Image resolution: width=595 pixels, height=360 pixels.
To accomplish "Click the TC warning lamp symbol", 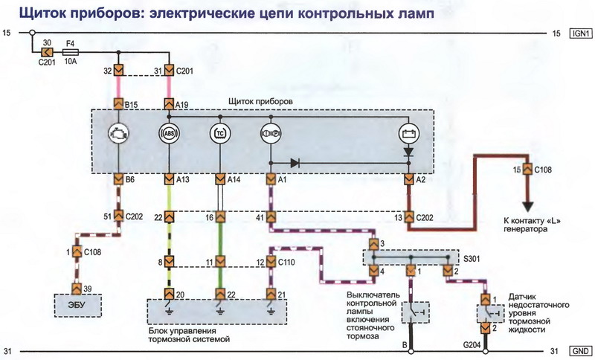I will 219,135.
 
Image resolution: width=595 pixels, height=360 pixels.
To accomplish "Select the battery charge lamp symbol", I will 408,135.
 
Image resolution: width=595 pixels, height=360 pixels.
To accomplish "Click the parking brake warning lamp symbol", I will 270,135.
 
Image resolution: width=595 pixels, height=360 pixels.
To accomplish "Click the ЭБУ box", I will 77,304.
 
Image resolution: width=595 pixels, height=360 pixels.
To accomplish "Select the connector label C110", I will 286,262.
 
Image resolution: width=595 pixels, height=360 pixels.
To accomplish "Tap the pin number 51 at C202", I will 109,216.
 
